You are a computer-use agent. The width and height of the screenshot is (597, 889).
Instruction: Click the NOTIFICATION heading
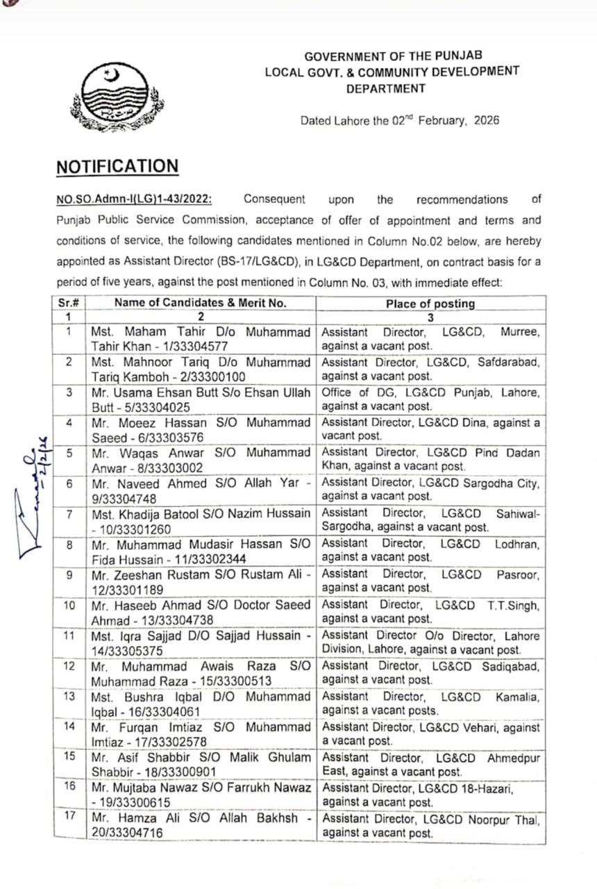pyautogui.click(x=117, y=167)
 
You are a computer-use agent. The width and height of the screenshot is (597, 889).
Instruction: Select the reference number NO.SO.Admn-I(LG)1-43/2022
pyautogui.click(x=134, y=200)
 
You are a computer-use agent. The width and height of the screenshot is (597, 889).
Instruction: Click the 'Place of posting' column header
pyautogui.click(x=430, y=303)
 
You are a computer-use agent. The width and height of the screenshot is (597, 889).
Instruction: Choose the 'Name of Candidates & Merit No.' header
pyautogui.click(x=200, y=303)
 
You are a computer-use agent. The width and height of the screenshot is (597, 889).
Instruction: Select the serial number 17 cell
pyautogui.click(x=69, y=815)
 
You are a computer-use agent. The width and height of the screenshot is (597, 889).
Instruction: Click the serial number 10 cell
pyautogui.click(x=69, y=605)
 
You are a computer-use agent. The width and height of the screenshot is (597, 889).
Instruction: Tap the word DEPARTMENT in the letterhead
pyautogui.click(x=386, y=88)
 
